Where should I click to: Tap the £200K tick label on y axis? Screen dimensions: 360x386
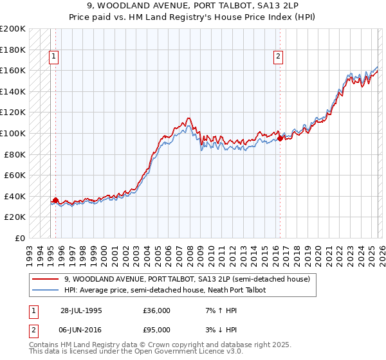pyautogui.click(x=13, y=29)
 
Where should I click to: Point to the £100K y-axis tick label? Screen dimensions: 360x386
pyautogui.click(x=13, y=133)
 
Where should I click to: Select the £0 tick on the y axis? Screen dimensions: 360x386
pyautogui.click(x=20, y=238)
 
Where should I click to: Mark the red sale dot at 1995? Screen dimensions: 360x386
pyautogui.click(x=56, y=200)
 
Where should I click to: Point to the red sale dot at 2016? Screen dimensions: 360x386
pyautogui.click(x=280, y=138)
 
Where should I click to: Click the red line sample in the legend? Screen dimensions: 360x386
pyautogui.click(x=46, y=279)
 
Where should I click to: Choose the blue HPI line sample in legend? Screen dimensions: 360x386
pyautogui.click(x=46, y=290)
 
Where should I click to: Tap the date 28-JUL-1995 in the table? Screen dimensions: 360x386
pyautogui.click(x=82, y=310)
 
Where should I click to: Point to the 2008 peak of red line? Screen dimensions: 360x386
pyautogui.click(x=187, y=118)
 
